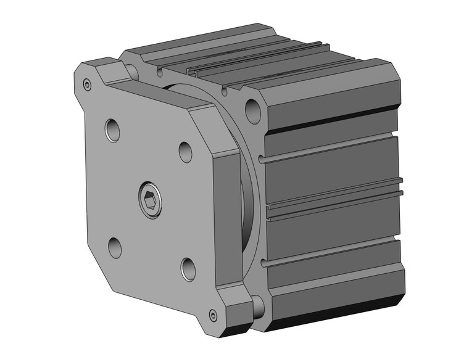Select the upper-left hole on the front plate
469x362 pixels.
[x=112, y=130]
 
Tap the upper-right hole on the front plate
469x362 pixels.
[x=186, y=151]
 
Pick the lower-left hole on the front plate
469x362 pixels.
[x=115, y=247]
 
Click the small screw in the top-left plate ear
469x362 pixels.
[x=87, y=85]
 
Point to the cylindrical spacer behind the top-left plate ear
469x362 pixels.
[x=132, y=70]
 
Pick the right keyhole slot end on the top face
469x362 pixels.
[x=224, y=91]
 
